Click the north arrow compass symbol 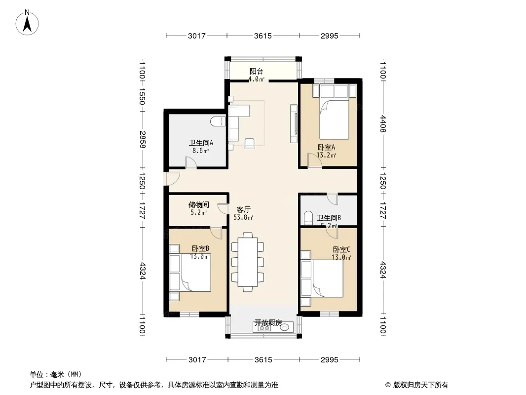[27, 23]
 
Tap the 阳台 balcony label [256, 71]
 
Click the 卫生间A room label [201, 143]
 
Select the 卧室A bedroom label [326, 147]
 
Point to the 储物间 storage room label [198, 204]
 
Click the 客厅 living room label [244, 210]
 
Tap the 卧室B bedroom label [200, 249]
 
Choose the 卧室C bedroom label [341, 250]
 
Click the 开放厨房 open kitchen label [268, 323]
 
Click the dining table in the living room [248, 262]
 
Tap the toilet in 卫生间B [308, 218]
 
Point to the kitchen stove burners [264, 328]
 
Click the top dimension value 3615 [263, 36]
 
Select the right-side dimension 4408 [383, 124]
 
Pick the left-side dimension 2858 [143, 140]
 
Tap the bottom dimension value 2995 [330, 360]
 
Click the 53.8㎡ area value [243, 217]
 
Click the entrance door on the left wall [172, 179]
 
